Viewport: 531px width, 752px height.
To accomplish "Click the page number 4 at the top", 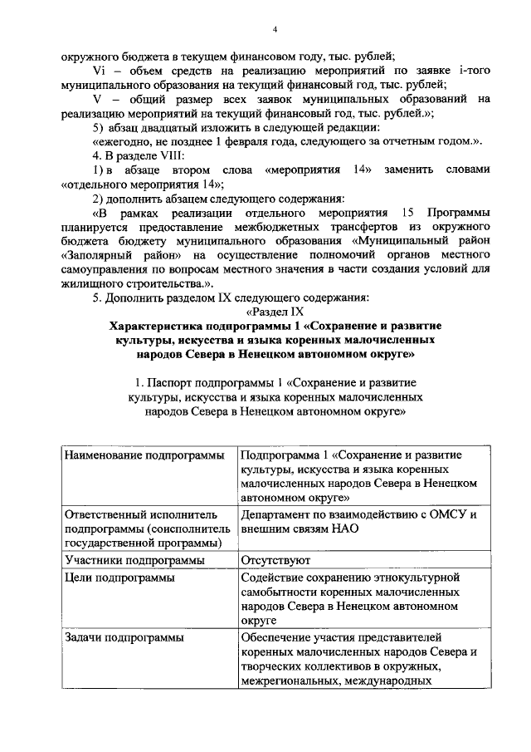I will pyautogui.click(x=273, y=31).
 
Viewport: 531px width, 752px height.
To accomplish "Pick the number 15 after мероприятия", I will pyautogui.click(x=407, y=212).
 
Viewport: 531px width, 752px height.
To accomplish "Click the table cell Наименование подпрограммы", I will pyautogui.click(x=143, y=455).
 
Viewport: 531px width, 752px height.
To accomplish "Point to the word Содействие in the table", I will pyautogui.click(x=277, y=578).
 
